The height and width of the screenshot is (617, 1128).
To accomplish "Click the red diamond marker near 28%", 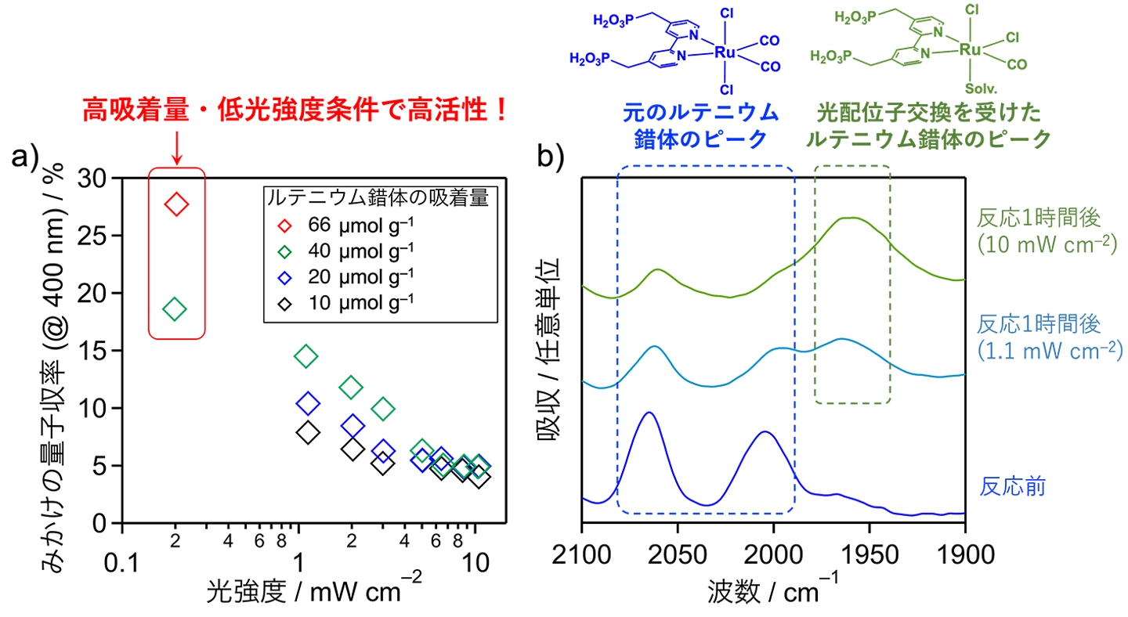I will click(176, 205).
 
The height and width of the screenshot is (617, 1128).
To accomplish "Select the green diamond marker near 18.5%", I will click(176, 309).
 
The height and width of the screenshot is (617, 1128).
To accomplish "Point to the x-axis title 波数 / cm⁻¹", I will click(772, 589).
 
